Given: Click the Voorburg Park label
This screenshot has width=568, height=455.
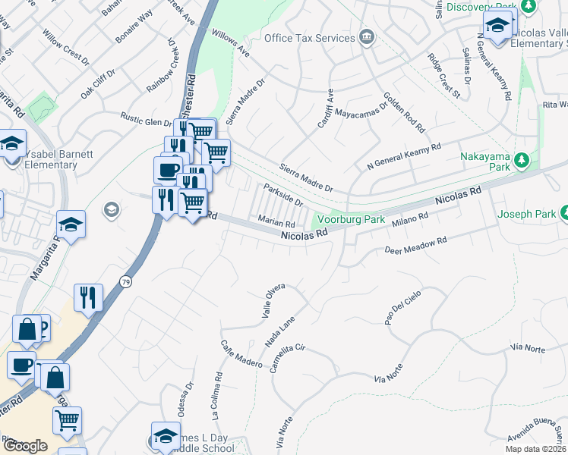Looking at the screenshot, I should (x=352, y=219).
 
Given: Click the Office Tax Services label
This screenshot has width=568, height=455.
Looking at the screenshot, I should (x=309, y=38).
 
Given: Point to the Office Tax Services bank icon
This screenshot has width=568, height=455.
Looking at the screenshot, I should (x=367, y=36).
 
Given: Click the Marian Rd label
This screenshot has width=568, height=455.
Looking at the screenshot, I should (x=276, y=223).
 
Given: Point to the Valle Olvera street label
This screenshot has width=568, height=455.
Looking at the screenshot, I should (x=273, y=301).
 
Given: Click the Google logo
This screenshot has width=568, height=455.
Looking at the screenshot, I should (x=25, y=446).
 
